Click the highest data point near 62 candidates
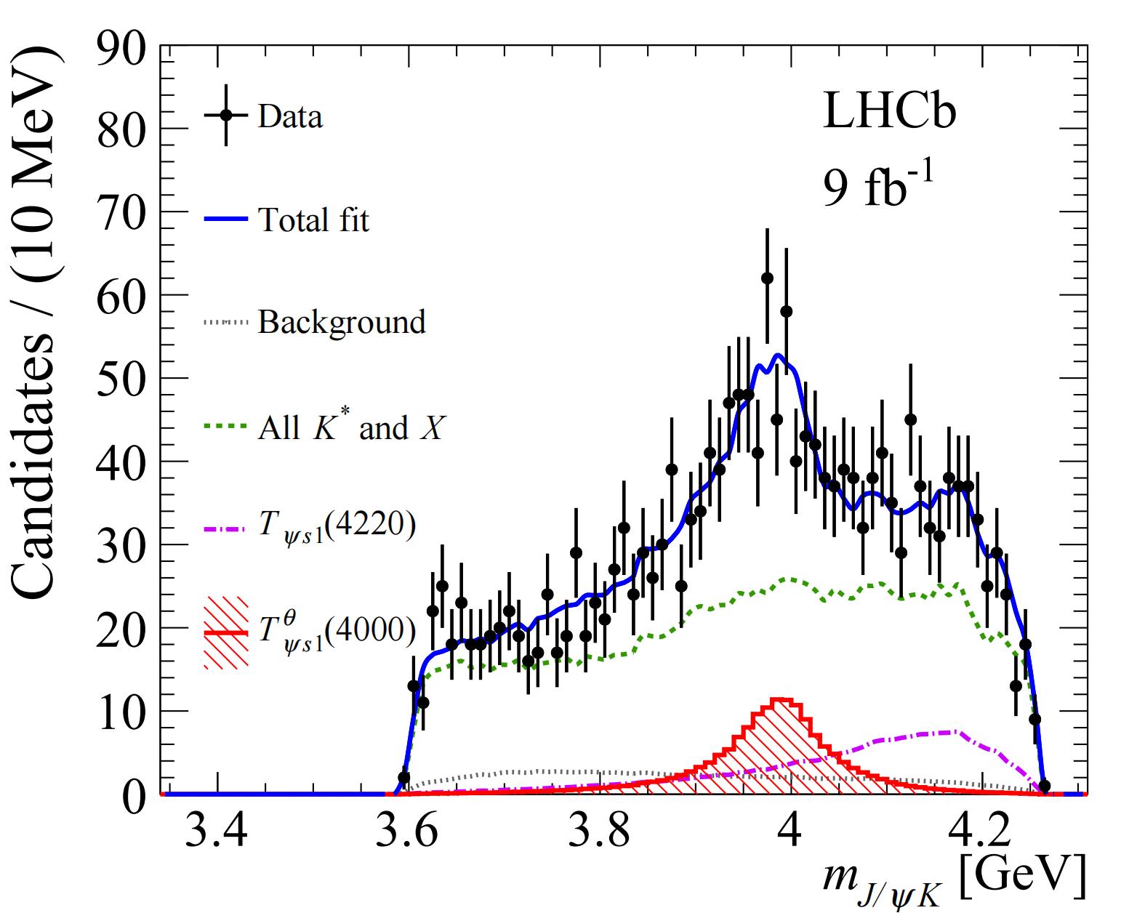[x=767, y=278]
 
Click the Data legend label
[x=290, y=116]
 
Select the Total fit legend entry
[x=313, y=219]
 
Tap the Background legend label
[x=342, y=322]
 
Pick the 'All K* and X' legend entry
[x=351, y=428]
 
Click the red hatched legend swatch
[x=226, y=632]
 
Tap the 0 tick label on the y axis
[x=134, y=796]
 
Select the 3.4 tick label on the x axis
[x=217, y=832]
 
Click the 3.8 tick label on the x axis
[x=599, y=832]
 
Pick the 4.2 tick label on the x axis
[x=981, y=832]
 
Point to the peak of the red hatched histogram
[x=781, y=701]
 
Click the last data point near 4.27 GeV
[x=1044, y=786]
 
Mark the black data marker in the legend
[x=226, y=115]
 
